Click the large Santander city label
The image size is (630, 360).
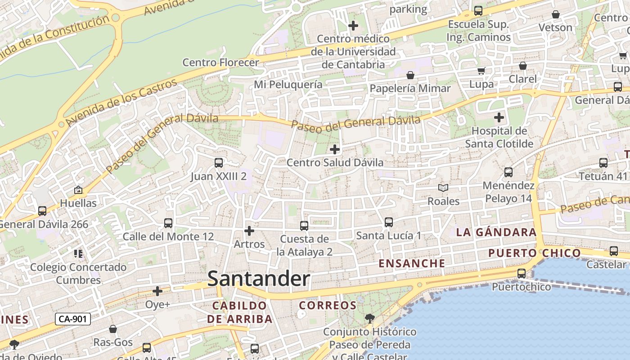tap(259, 279)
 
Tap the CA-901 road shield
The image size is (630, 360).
tap(73, 319)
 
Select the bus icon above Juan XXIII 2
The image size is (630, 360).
tap(219, 163)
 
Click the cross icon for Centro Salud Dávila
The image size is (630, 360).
tap(335, 149)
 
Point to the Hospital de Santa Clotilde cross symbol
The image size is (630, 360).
tap(499, 118)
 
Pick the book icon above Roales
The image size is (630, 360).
tap(443, 188)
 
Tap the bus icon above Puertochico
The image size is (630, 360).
tap(522, 274)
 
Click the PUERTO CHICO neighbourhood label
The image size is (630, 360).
tap(535, 253)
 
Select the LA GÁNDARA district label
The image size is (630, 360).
tap(496, 233)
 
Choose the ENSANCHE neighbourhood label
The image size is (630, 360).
tap(412, 264)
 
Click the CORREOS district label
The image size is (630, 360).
tap(328, 306)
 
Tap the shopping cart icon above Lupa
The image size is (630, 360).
tap(481, 71)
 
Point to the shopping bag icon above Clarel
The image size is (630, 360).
tap(523, 66)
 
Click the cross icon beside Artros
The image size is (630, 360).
tap(249, 231)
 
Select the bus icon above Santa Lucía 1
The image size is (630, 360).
tap(389, 222)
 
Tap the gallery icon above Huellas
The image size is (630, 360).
tap(78, 190)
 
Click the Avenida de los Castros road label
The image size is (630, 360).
tap(121, 103)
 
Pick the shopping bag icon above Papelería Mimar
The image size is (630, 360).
tap(410, 75)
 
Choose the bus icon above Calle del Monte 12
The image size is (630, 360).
tap(168, 223)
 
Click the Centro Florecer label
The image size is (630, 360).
tap(220, 63)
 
